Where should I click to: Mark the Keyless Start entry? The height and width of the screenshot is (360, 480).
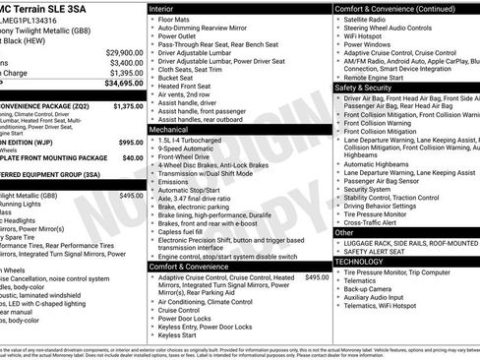[177, 334]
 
